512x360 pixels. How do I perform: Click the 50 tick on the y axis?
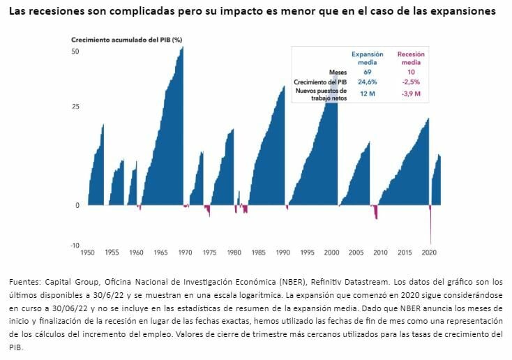[x=75, y=52]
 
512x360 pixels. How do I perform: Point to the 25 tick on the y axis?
[x=75, y=107]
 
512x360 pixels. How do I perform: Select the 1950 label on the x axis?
[x=88, y=252]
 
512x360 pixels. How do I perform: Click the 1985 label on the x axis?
[x=259, y=252]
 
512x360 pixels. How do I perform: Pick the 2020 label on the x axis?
[x=429, y=252]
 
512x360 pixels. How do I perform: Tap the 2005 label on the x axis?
[x=356, y=252]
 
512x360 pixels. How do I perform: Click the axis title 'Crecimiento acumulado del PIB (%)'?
[x=127, y=39]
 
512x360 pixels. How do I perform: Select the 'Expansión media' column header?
[x=368, y=58]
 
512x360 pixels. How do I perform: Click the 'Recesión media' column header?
[x=411, y=58]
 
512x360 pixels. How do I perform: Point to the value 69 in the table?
[x=368, y=72]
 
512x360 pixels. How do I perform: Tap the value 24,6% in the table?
[x=368, y=82]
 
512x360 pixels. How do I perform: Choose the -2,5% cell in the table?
[x=410, y=82]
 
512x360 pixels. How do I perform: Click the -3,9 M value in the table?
[x=410, y=94]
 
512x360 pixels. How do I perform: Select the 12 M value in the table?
[x=368, y=94]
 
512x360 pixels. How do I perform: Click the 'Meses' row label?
[x=338, y=72]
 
